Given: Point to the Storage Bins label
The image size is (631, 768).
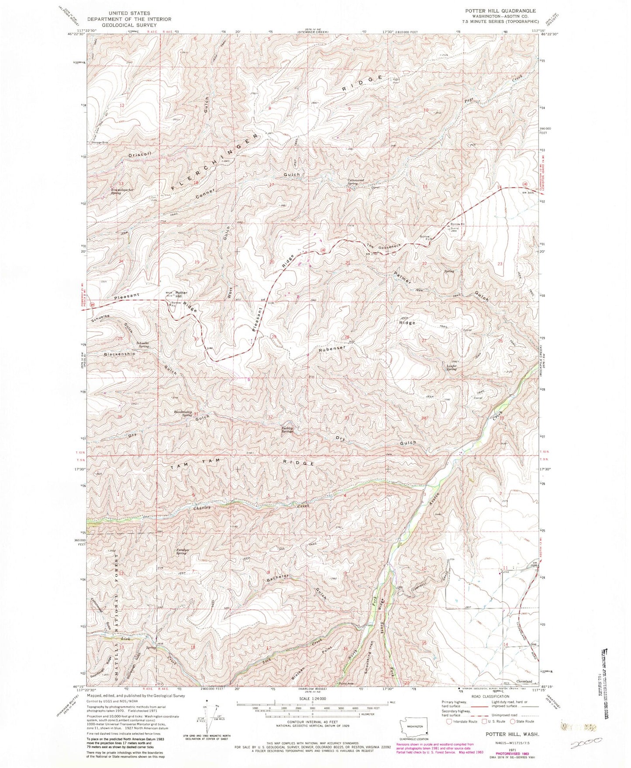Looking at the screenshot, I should pos(100,142).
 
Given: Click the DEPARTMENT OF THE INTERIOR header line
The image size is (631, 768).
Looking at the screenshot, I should pos(130,19).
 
